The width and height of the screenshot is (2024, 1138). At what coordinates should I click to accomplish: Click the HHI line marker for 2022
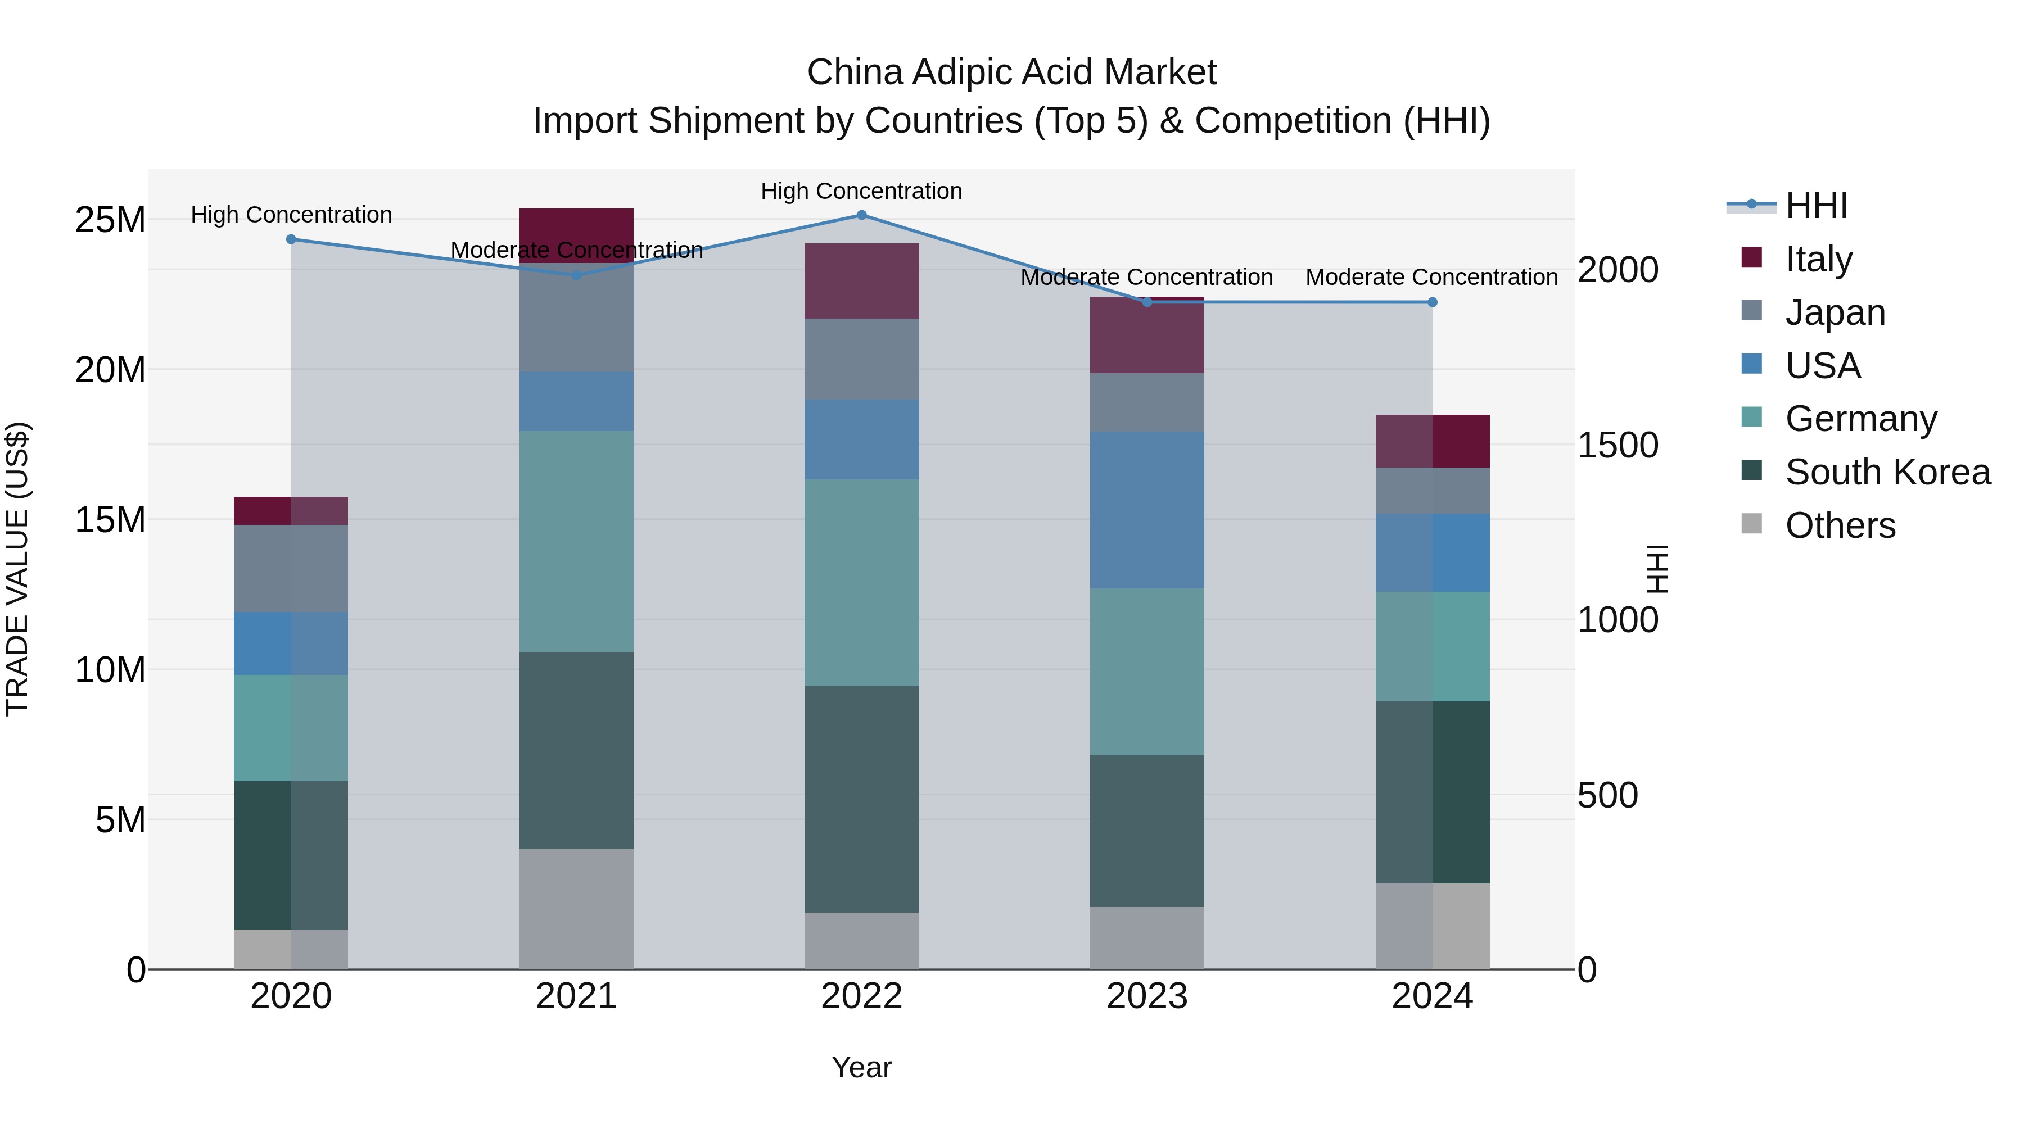click(x=861, y=215)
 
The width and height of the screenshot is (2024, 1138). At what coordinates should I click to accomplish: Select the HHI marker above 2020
click(x=291, y=239)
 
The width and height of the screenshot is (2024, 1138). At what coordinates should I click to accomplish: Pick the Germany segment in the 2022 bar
click(x=861, y=582)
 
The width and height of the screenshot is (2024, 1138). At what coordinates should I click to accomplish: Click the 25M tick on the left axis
click(x=110, y=220)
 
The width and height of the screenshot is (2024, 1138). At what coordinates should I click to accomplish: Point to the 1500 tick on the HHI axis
click(x=1618, y=445)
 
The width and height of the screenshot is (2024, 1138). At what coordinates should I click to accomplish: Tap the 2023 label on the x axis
click(x=1146, y=996)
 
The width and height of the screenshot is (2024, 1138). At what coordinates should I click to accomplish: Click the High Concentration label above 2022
click(x=861, y=191)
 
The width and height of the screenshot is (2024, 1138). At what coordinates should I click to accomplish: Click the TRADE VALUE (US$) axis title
click(x=18, y=569)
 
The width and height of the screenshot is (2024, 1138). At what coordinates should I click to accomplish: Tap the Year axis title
click(x=861, y=1067)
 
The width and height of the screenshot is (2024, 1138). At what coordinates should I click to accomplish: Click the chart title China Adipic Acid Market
click(x=1011, y=72)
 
